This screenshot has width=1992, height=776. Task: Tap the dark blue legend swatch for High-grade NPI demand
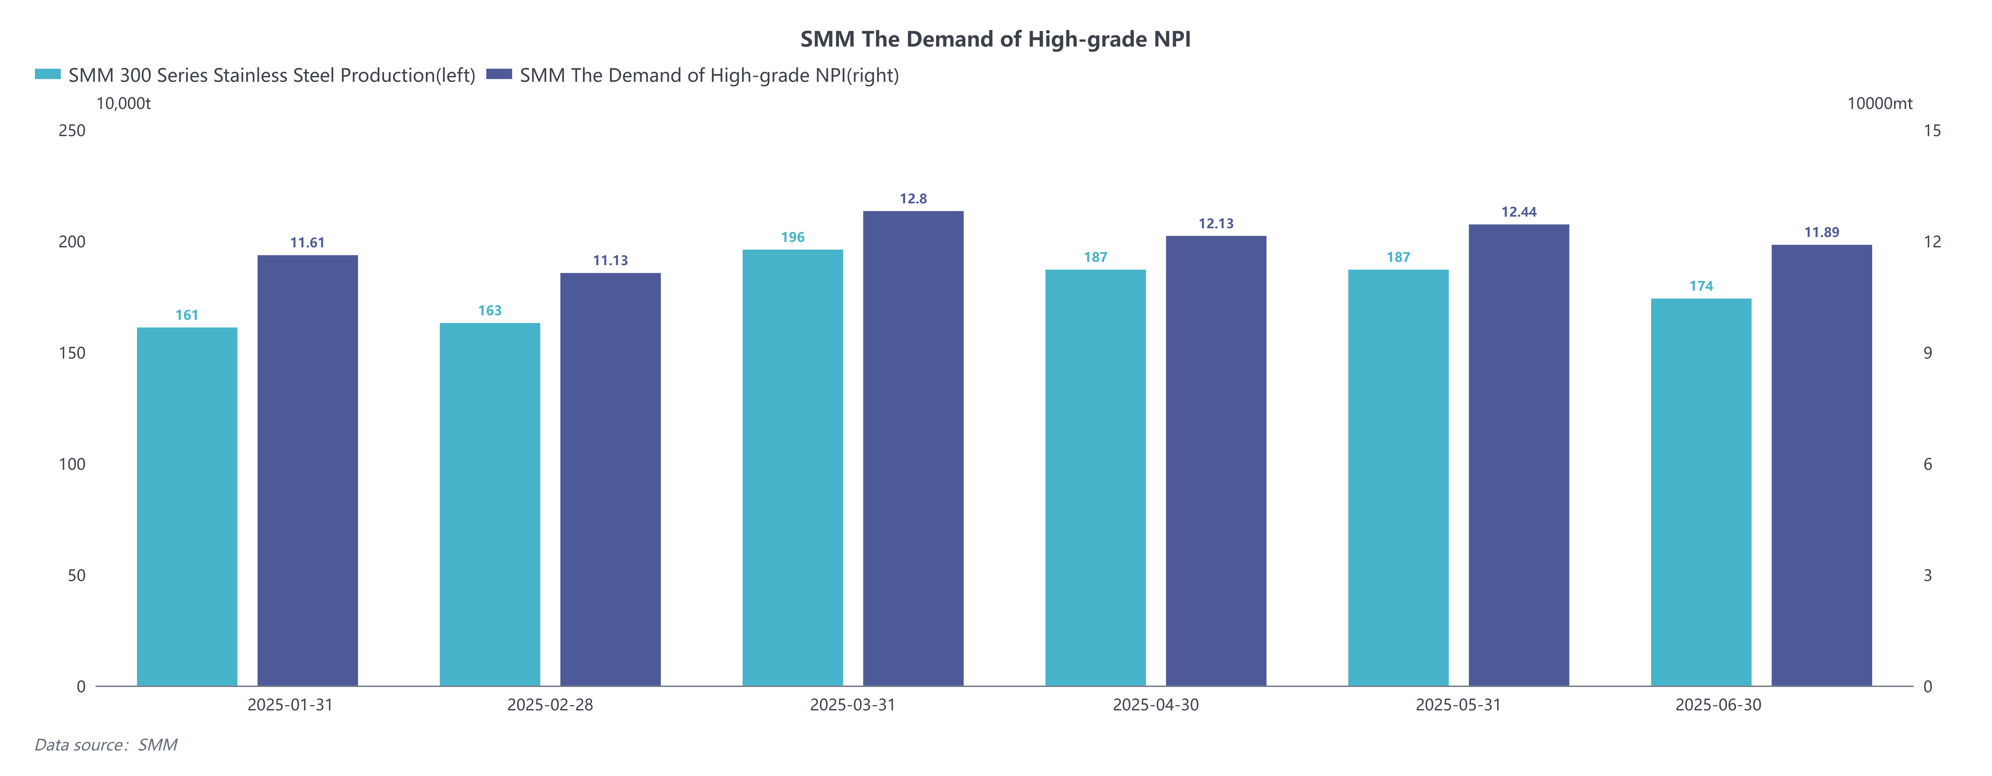(x=499, y=74)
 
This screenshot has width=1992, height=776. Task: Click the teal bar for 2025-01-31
(x=187, y=507)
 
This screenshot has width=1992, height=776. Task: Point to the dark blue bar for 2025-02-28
(x=610, y=480)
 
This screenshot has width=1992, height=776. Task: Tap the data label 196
(x=793, y=238)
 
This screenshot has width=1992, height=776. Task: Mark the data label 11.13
(x=610, y=261)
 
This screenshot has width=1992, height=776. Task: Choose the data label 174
(x=1701, y=286)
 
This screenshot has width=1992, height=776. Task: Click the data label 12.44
(x=1519, y=212)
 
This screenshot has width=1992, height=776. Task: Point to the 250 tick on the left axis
(x=72, y=131)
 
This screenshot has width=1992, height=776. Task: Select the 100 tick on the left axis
(x=72, y=464)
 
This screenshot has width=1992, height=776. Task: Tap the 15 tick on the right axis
(x=1932, y=131)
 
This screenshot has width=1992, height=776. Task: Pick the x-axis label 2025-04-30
(x=1155, y=705)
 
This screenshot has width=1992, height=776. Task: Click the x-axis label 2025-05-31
(x=1458, y=705)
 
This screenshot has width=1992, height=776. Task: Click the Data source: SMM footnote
(x=106, y=745)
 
